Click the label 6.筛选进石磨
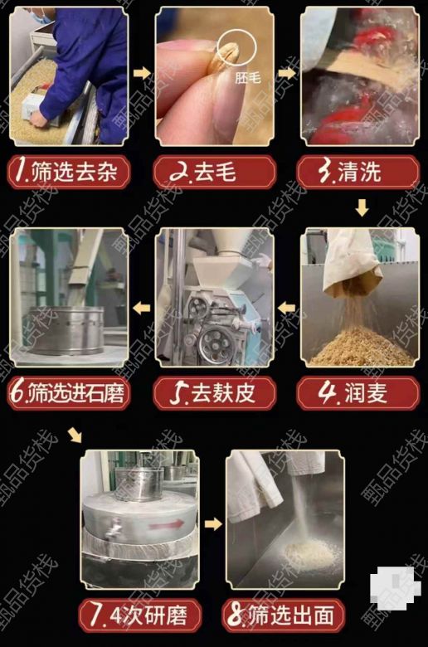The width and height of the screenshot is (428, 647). (x=69, y=393)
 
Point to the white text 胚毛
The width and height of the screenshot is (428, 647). (x=248, y=77)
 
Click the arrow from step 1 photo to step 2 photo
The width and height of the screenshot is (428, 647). (x=143, y=74)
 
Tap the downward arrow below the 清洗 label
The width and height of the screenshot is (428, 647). (x=362, y=207)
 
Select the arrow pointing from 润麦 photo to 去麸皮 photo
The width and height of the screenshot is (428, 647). (x=286, y=308)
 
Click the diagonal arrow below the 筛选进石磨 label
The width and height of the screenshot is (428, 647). (x=75, y=435)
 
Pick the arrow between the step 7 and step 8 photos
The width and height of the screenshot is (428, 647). (x=213, y=524)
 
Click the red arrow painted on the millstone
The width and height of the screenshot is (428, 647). (x=167, y=525)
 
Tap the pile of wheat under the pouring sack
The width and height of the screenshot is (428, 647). (x=360, y=347)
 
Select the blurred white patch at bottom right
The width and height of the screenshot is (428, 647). (x=394, y=586)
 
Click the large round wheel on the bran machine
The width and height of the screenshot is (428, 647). (x=216, y=343)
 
